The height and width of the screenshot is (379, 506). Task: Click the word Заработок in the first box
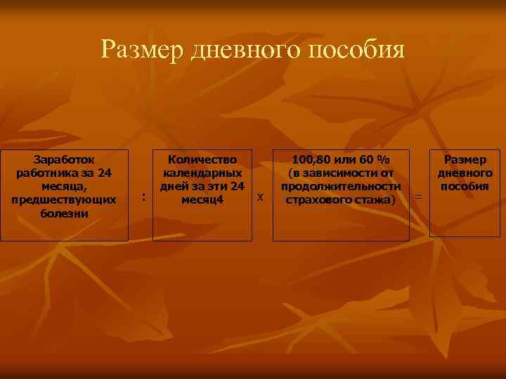(x=64, y=159)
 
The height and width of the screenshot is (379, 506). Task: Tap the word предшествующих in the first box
(x=64, y=200)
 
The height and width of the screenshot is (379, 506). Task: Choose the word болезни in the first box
(x=64, y=213)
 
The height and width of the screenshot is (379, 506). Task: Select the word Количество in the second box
(x=202, y=159)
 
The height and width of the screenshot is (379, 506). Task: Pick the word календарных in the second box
(x=202, y=173)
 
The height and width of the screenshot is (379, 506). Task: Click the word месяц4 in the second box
(x=202, y=200)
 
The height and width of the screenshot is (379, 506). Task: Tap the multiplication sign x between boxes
(x=260, y=198)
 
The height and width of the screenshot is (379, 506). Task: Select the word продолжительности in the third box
(x=341, y=187)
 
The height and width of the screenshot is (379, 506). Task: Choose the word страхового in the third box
(x=319, y=200)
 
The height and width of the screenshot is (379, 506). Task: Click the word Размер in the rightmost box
(x=465, y=159)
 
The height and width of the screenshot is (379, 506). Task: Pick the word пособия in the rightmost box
(x=465, y=187)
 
